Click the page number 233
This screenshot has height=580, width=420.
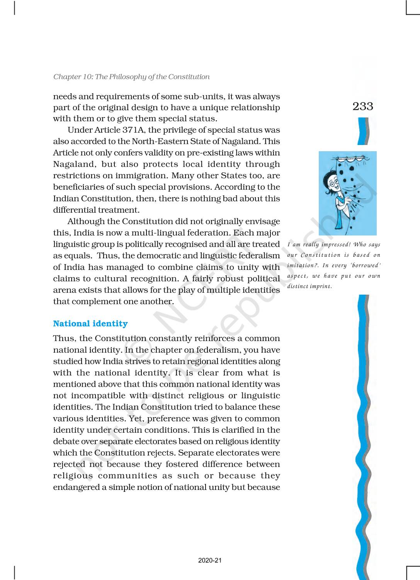[363, 106]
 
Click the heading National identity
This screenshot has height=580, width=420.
[90, 324]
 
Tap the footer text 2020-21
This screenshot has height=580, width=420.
[210, 560]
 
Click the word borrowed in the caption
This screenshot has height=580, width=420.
[366, 265]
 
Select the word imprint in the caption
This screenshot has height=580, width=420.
[321, 286]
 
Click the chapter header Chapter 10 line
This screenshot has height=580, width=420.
[131, 77]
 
